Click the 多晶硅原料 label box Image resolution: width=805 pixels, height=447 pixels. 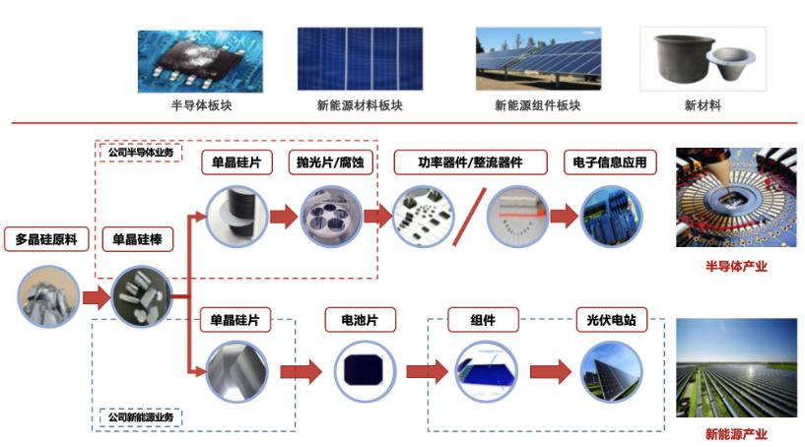point(45,239)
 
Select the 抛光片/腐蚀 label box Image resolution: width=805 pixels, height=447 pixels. point(331,162)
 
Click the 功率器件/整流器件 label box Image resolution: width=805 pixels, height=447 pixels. point(458,162)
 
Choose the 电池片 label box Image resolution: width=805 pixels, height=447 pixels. point(354,320)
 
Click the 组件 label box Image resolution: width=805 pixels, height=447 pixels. point(483,320)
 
